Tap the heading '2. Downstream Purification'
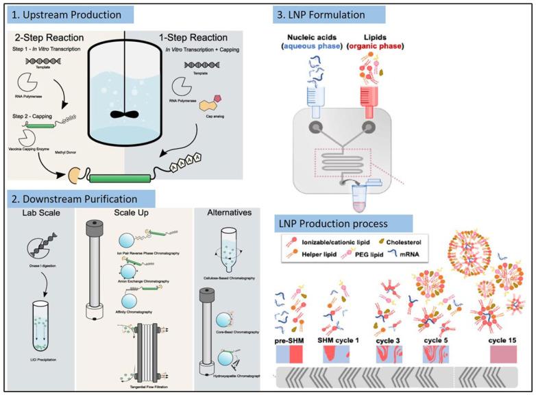81,200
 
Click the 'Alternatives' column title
227,222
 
